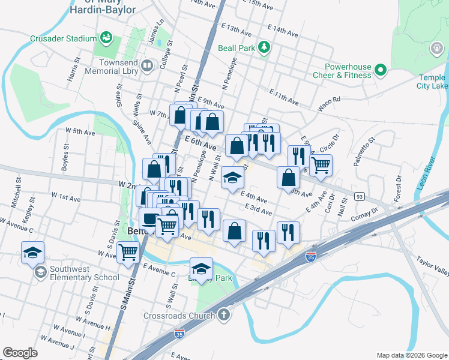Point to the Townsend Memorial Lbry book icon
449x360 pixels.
pyautogui.click(x=147, y=65)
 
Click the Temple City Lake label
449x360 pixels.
pyautogui.click(x=432, y=82)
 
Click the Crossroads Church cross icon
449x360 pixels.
pyautogui.click(x=224, y=314)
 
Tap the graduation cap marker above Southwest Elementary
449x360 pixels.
pyautogui.click(x=33, y=252)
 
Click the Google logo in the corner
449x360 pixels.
pyautogui.click(x=20, y=353)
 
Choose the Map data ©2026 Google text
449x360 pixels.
pyautogui.click(x=411, y=355)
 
